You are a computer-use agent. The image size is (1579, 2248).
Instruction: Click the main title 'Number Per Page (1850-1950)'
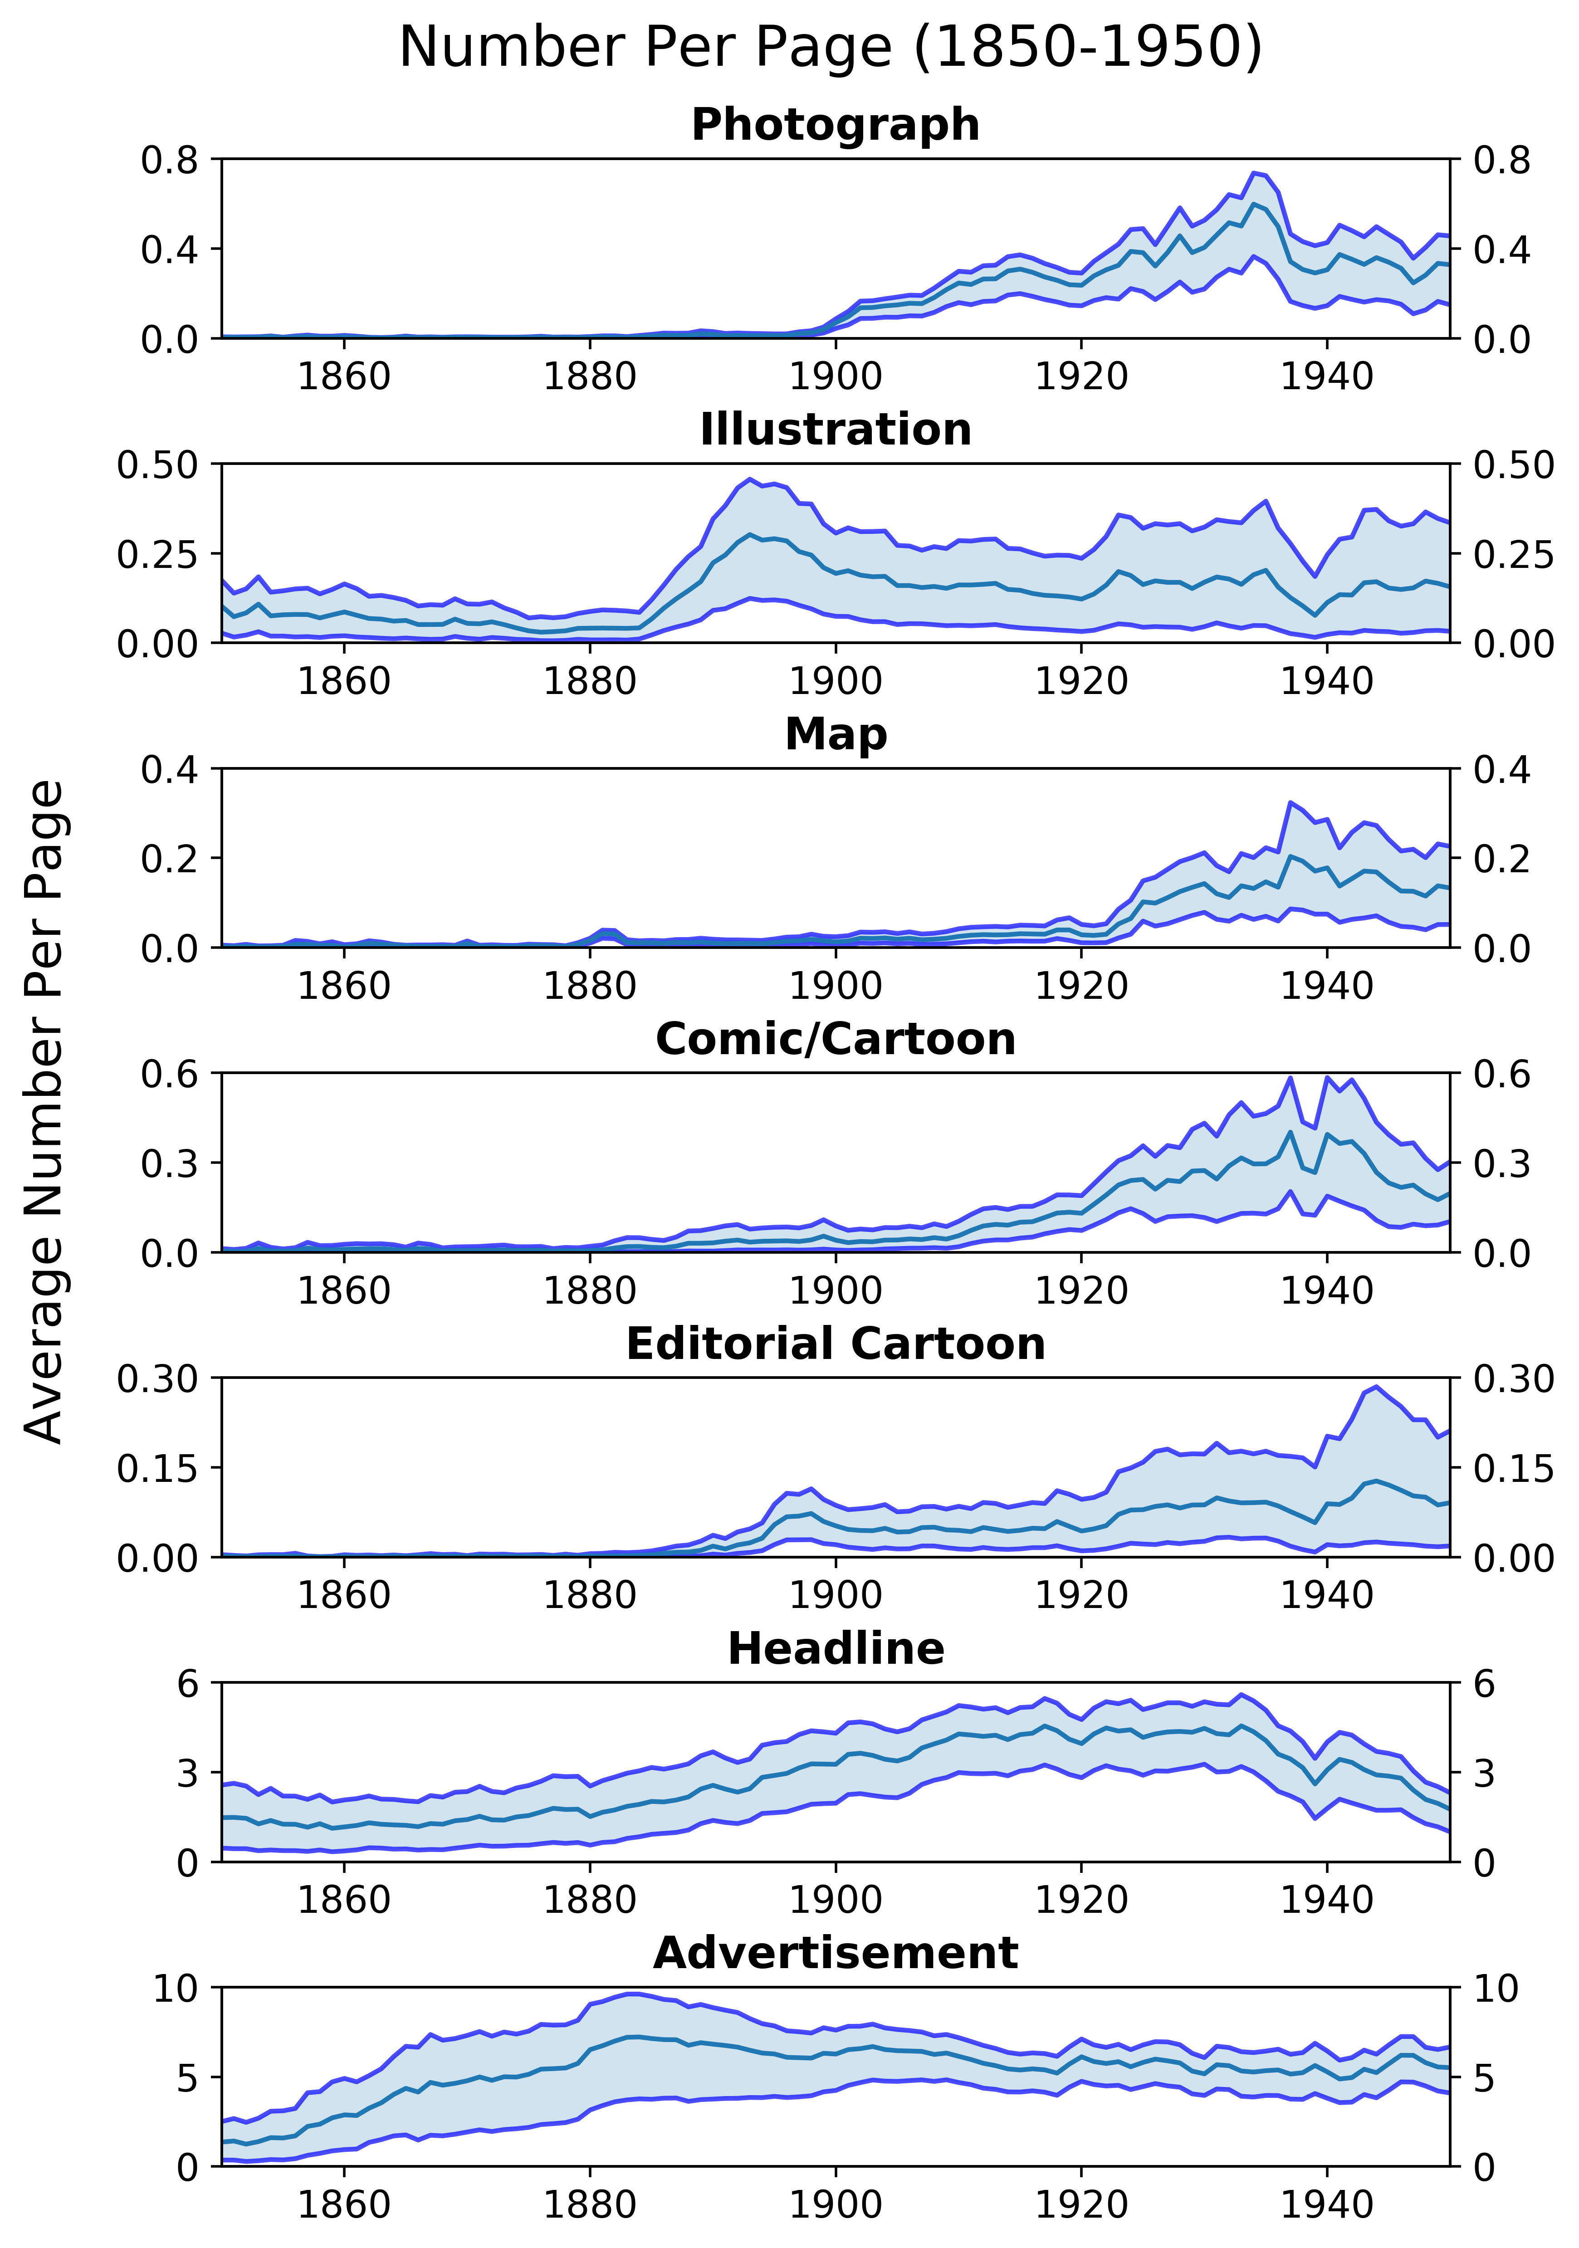tap(830, 47)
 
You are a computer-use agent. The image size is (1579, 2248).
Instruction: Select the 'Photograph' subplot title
tap(835, 125)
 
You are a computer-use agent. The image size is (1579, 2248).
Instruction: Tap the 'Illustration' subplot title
tap(835, 430)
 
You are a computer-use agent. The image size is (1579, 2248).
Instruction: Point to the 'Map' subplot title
tap(835, 734)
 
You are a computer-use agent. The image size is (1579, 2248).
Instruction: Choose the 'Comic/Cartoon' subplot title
tap(835, 1039)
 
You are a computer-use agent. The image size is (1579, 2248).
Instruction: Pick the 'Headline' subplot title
tap(835, 1649)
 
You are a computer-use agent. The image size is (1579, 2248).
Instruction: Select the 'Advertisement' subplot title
tap(835, 1953)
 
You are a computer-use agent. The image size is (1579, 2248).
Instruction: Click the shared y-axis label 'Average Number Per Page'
tap(44, 1111)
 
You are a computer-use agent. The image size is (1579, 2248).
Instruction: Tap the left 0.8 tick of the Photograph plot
tap(168, 160)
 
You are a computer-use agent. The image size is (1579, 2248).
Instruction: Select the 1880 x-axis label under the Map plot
tap(589, 986)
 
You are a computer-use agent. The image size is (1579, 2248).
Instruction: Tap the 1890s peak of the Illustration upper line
tap(750, 479)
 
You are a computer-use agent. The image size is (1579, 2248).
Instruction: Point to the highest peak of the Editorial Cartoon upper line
tap(1376, 1386)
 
